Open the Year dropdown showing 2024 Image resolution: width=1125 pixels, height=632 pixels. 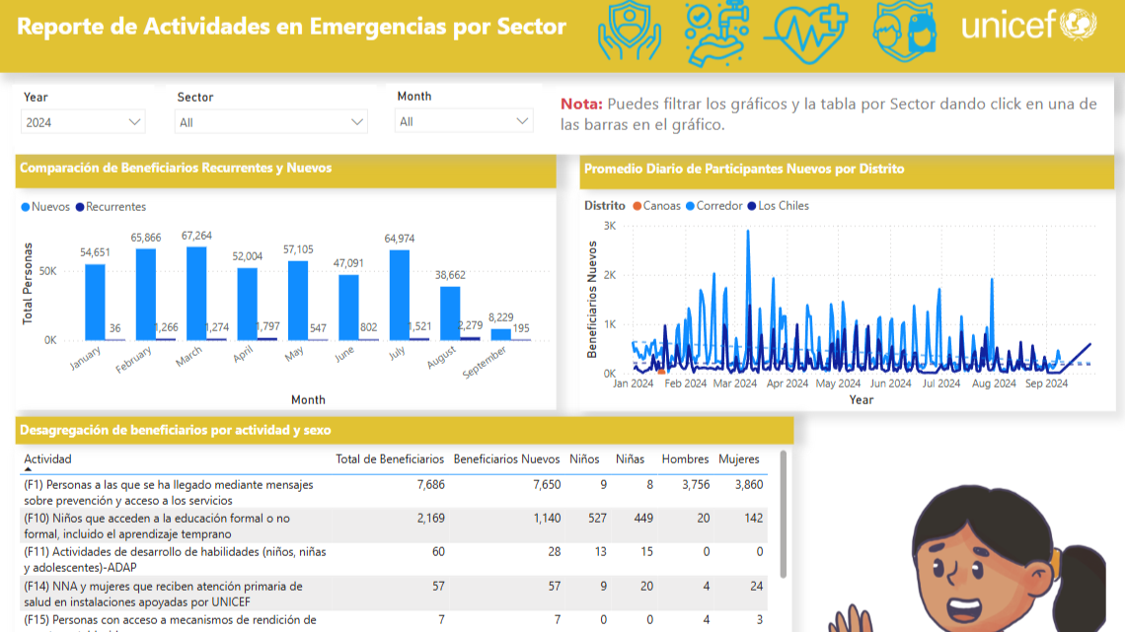(x=83, y=122)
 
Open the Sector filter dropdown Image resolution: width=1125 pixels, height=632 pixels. (x=271, y=122)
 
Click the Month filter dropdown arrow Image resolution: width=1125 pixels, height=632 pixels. (x=523, y=121)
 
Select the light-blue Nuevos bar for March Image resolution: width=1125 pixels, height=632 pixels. (x=196, y=293)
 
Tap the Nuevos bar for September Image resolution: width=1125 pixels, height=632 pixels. (x=501, y=334)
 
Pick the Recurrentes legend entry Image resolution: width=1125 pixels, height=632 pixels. (x=115, y=207)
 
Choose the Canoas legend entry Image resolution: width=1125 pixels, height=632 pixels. (x=661, y=206)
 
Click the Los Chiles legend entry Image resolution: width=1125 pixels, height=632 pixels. (x=783, y=206)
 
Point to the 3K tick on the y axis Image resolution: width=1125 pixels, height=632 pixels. (x=610, y=226)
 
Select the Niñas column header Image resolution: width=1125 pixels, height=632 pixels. (x=630, y=459)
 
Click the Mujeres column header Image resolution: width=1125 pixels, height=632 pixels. (x=739, y=459)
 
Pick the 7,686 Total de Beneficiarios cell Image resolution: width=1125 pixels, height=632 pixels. (x=431, y=484)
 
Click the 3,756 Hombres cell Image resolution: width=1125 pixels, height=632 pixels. (x=696, y=484)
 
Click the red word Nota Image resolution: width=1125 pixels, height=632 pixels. (x=581, y=104)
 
